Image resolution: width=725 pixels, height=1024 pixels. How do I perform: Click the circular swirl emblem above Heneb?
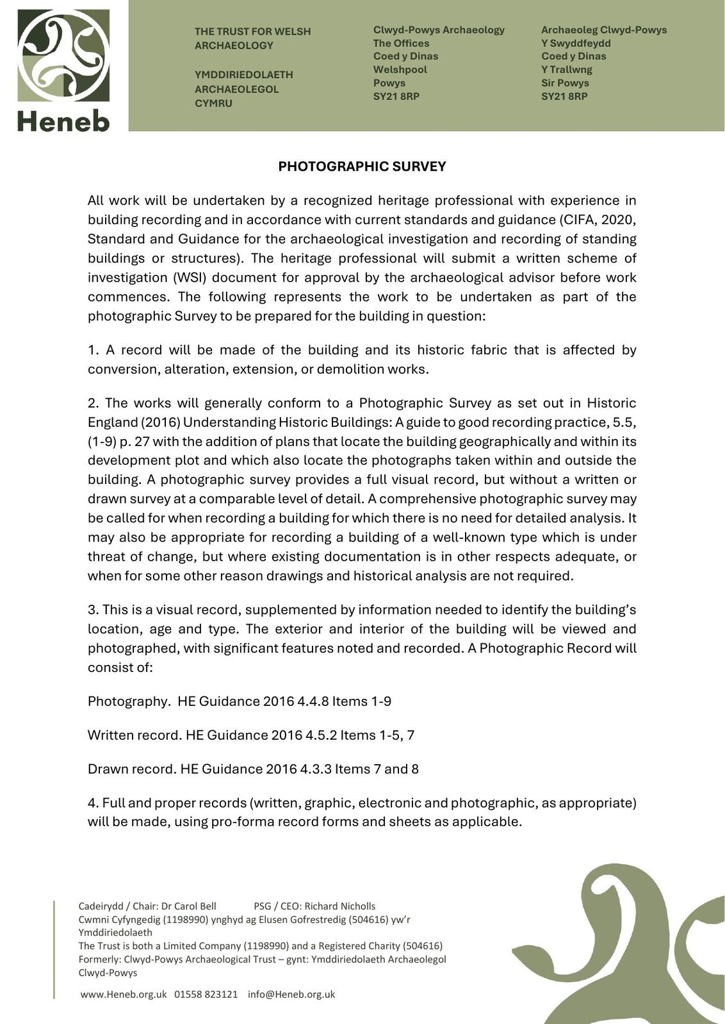pyautogui.click(x=63, y=56)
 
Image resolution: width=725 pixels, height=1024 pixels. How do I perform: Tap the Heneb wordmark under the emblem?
pyautogui.click(x=63, y=120)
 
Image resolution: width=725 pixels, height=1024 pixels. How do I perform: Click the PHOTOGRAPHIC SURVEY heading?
pyautogui.click(x=362, y=166)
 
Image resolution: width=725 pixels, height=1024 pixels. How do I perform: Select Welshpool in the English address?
pyautogui.click(x=400, y=70)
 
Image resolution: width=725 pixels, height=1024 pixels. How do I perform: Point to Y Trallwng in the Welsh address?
pyautogui.click(x=566, y=70)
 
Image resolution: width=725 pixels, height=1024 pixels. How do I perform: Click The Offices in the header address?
pyautogui.click(x=401, y=44)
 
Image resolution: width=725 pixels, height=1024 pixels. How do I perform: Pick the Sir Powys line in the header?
pyautogui.click(x=565, y=83)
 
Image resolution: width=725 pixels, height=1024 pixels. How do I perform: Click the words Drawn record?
pyautogui.click(x=131, y=769)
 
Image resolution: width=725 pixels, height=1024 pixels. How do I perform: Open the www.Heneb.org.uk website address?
pyautogui.click(x=124, y=994)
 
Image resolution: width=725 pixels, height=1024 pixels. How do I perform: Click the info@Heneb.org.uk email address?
pyautogui.click(x=291, y=994)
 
